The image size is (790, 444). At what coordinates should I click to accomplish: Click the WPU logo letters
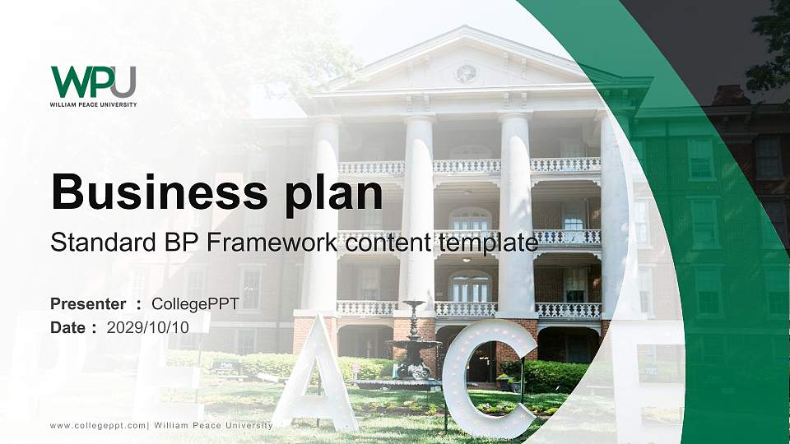click(93, 81)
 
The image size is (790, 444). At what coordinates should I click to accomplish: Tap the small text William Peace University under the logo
click(93, 104)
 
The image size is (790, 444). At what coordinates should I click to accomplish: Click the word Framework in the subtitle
click(275, 243)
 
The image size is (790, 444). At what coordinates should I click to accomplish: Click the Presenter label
click(88, 304)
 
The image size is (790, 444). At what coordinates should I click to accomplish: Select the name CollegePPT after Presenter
click(195, 304)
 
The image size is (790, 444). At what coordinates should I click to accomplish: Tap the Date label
click(68, 327)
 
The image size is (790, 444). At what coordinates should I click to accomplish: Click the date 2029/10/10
click(148, 327)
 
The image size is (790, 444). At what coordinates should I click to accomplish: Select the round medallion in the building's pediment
click(466, 73)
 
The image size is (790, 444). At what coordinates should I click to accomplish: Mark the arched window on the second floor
click(470, 218)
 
